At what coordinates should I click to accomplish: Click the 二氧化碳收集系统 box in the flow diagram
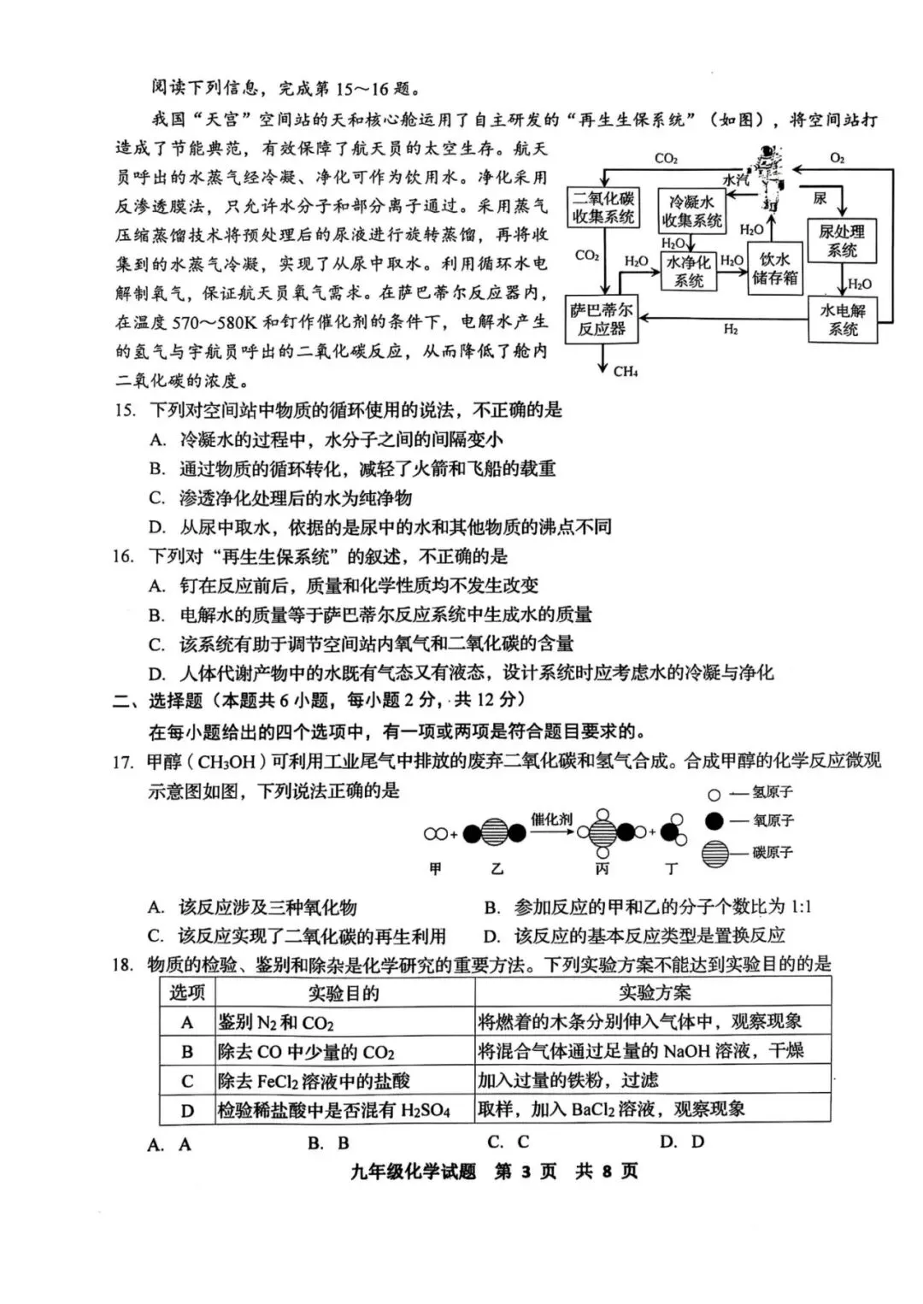pyautogui.click(x=603, y=208)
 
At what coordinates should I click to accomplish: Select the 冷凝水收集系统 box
pyautogui.click(x=691, y=211)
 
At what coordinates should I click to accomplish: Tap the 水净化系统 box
pyautogui.click(x=688, y=271)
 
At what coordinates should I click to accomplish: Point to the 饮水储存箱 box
pyautogui.click(x=775, y=268)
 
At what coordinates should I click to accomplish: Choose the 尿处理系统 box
pyautogui.click(x=842, y=240)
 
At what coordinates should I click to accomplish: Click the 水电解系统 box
pyautogui.click(x=843, y=319)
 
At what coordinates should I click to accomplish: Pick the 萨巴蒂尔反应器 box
pyautogui.click(x=602, y=319)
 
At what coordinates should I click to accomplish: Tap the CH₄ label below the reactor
pyautogui.click(x=626, y=372)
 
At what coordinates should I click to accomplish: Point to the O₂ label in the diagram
pyautogui.click(x=838, y=158)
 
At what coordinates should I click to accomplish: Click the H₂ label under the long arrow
pyautogui.click(x=731, y=330)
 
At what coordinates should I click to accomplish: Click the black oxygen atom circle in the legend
pyautogui.click(x=714, y=821)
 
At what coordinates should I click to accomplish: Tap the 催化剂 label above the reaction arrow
pyautogui.click(x=552, y=819)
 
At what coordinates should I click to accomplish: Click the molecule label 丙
pyautogui.click(x=603, y=869)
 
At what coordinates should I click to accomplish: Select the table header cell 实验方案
pyautogui.click(x=654, y=992)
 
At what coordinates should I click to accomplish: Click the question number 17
pyautogui.click(x=123, y=761)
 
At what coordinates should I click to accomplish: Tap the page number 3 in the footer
pyautogui.click(x=526, y=1171)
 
